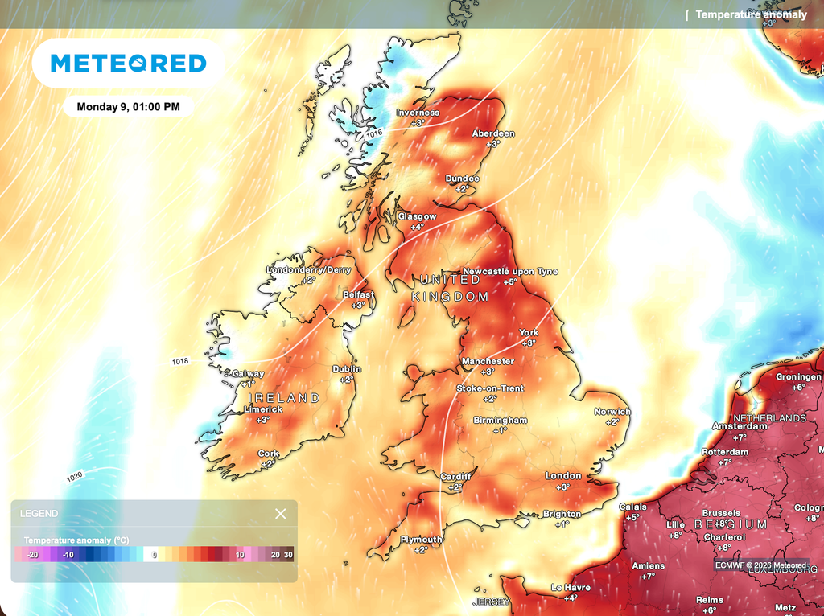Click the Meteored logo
128,64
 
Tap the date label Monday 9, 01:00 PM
129,106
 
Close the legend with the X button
280,514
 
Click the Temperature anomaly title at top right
751,14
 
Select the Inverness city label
418,113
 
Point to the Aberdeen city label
493,133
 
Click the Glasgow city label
417,217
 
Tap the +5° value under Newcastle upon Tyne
510,282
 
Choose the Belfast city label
358,295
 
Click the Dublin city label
347,369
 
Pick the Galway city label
247,374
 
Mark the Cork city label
269,454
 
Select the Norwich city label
613,412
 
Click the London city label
563,476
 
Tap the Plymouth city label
421,540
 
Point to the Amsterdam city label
740,426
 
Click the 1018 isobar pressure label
180,362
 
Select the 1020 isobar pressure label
75,477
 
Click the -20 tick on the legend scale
33,555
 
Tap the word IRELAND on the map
284,398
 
